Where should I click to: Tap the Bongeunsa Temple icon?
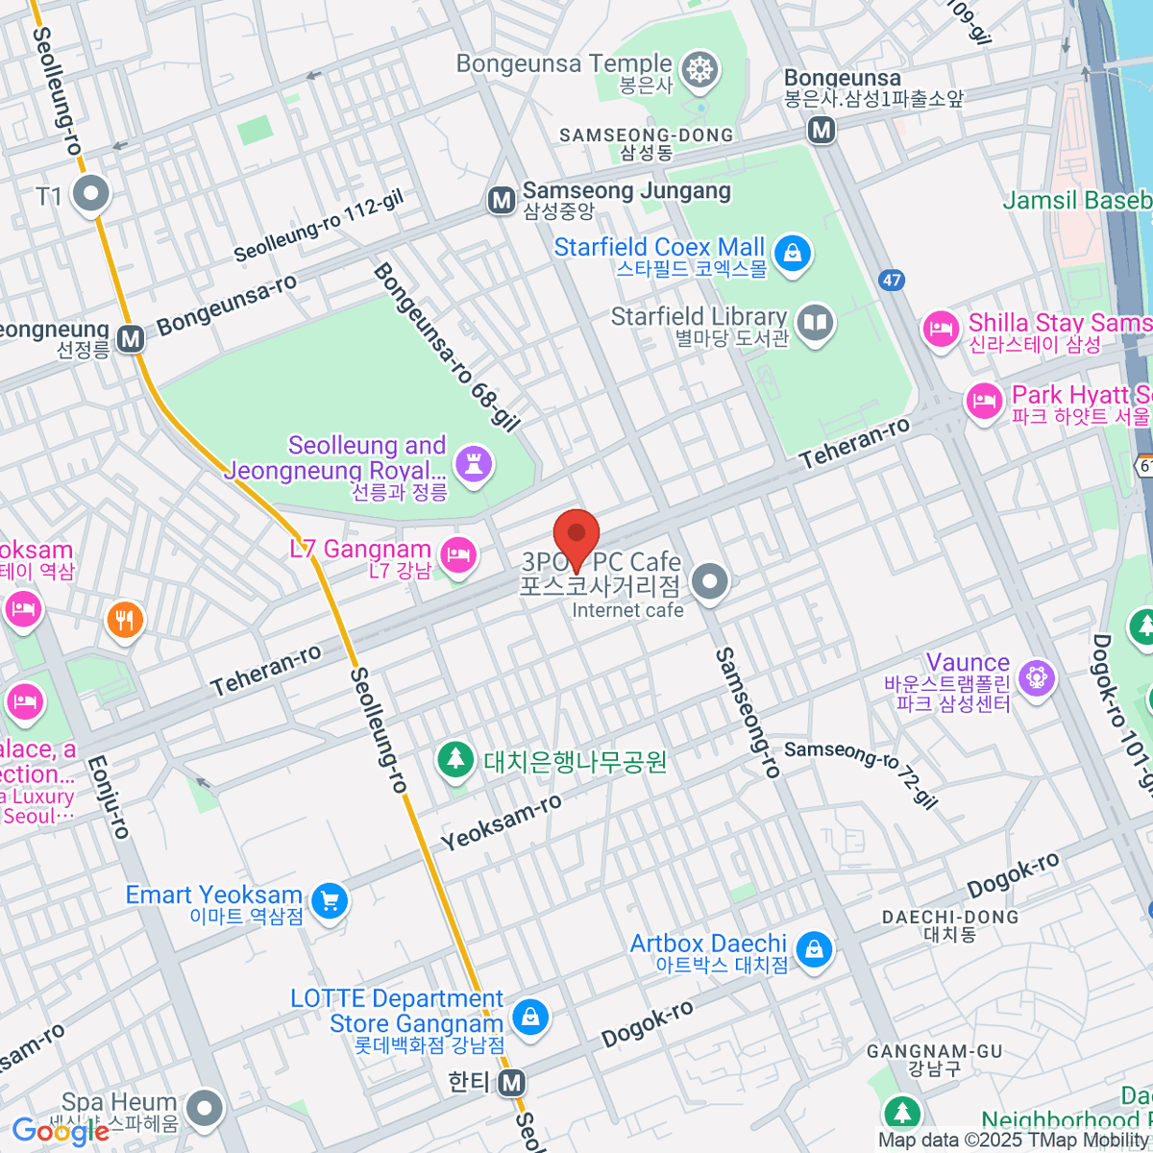[699, 70]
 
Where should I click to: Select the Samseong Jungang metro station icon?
[501, 200]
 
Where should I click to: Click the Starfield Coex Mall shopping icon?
[792, 254]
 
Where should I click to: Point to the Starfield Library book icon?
[815, 324]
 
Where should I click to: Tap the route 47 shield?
[892, 280]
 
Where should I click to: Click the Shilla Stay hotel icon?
[941, 330]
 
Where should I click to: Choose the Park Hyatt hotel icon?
[984, 402]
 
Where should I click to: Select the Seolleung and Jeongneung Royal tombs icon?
[473, 464]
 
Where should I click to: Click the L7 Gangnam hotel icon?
[458, 555]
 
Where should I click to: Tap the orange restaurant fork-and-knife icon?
[125, 620]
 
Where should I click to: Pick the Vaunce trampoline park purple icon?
[1036, 678]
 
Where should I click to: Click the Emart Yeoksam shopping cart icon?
[330, 901]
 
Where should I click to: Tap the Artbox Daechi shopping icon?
[814, 949]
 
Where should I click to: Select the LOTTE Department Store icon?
[528, 1017]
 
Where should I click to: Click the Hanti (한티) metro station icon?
[512, 1083]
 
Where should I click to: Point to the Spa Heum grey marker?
[204, 1109]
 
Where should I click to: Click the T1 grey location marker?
[92, 193]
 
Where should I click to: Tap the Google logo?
[60, 1131]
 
